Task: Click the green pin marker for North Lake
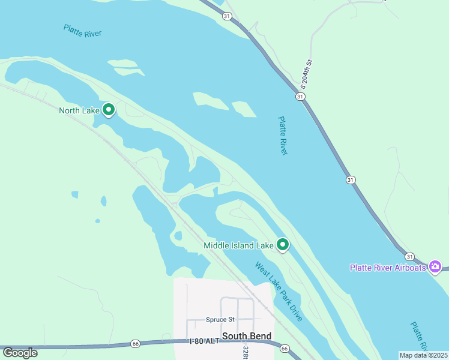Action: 109,110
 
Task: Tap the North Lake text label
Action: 79,110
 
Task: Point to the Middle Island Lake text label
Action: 238,245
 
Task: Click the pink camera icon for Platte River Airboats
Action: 436,266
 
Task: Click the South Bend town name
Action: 246,336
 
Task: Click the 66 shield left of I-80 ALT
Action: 136,344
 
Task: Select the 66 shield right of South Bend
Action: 285,348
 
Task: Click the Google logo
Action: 20,353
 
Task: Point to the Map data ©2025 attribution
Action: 423,355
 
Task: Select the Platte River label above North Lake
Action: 82,31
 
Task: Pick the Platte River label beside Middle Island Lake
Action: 283,136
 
